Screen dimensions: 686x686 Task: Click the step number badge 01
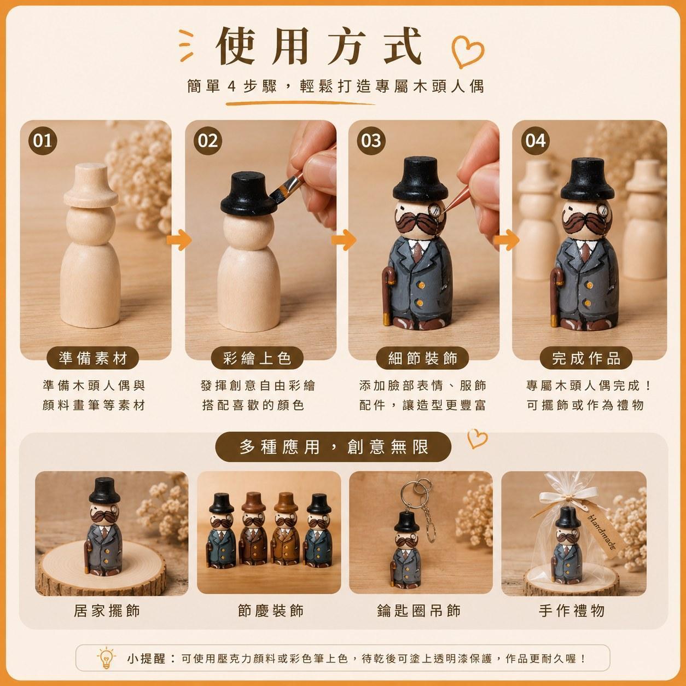point(43,141)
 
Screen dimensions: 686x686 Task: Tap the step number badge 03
point(371,141)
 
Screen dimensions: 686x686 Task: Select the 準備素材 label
point(93,358)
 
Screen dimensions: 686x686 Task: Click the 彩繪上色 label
point(257,358)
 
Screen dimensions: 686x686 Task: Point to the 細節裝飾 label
point(422,358)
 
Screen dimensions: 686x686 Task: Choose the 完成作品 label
point(586,358)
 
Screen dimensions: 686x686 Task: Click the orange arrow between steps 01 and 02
point(179,240)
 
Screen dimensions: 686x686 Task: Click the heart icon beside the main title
point(467,51)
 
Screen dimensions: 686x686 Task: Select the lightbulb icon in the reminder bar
point(106,658)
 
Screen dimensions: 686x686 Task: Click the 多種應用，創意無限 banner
point(333,447)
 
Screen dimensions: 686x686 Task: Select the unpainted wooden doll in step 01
point(90,245)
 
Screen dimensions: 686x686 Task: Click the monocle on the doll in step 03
point(435,211)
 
